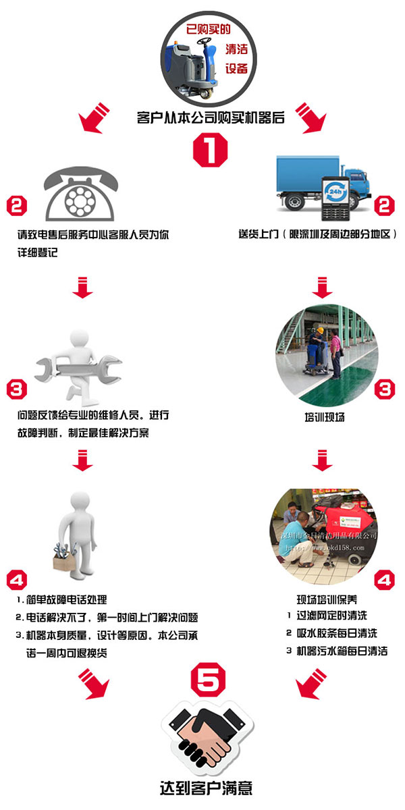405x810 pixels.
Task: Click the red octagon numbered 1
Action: pos(210,150)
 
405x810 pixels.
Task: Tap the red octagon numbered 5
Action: pos(208,680)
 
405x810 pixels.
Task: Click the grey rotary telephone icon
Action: pos(80,194)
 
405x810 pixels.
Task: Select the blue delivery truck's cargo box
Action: pos(308,174)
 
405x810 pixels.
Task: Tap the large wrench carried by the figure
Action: pos(78,369)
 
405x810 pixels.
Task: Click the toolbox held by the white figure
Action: pos(64,559)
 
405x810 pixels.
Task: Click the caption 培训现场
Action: pos(325,417)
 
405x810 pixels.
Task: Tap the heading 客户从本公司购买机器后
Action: pos(211,117)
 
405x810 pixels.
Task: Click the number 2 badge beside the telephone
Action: pos(17,206)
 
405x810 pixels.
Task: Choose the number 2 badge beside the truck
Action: pos(384,206)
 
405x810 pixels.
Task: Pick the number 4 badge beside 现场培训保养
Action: pos(384,580)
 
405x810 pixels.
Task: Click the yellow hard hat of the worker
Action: pos(320,330)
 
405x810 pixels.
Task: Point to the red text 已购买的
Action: pos(209,29)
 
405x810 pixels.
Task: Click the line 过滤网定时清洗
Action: pos(331,615)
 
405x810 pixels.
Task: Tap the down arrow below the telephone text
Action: pos(82,288)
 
